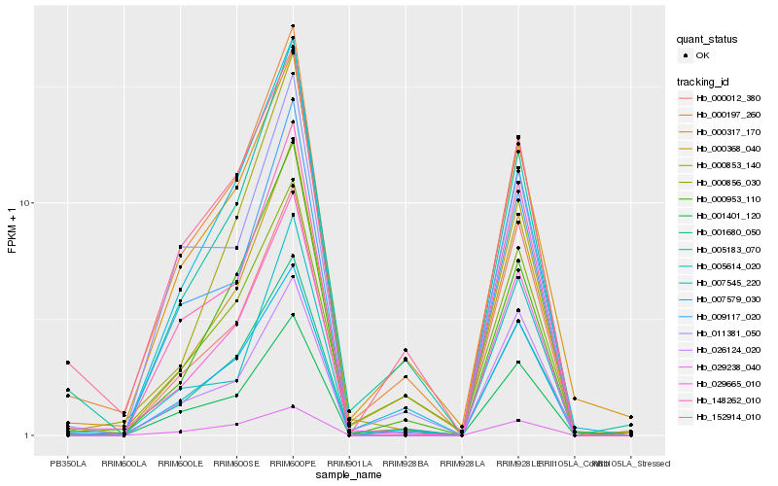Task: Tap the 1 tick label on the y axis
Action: (29, 435)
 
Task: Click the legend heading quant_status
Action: (707, 40)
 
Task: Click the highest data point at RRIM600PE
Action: (293, 26)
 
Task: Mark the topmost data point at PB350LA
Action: (68, 363)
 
